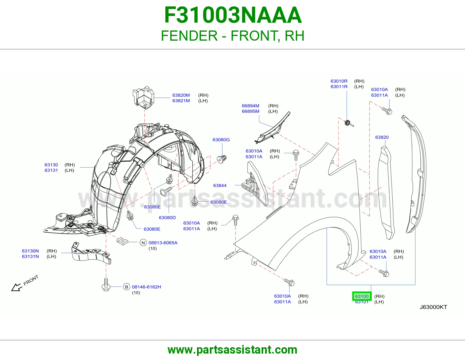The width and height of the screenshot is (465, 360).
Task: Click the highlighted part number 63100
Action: tap(362, 296)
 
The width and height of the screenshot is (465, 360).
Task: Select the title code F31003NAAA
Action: tap(233, 15)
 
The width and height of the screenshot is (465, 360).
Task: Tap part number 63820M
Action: tap(181, 95)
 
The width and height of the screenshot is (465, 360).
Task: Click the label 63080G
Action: tap(221, 140)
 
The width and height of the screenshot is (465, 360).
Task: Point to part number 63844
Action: tap(220, 186)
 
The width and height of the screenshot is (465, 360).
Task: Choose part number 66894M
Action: tap(250, 106)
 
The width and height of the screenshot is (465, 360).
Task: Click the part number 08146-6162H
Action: tap(146, 287)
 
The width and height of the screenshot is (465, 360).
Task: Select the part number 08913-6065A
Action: tap(163, 243)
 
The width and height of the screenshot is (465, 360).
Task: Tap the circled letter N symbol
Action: tap(143, 243)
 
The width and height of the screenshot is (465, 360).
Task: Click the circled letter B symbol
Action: tap(126, 287)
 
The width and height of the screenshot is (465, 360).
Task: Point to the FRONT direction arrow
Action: tap(17, 287)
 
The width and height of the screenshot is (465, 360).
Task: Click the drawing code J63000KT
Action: tap(433, 307)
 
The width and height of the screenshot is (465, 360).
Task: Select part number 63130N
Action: tap(31, 251)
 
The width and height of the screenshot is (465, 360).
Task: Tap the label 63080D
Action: tap(167, 218)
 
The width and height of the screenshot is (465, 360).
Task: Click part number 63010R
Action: tap(339, 81)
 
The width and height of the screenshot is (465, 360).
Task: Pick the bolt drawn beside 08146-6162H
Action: tap(106, 284)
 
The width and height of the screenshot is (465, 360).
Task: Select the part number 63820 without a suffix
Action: tap(382, 137)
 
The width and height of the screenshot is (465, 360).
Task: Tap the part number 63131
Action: tap(51, 170)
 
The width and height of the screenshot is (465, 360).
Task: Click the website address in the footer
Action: tap(233, 350)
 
